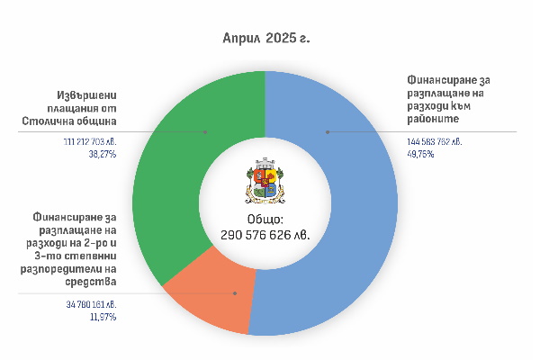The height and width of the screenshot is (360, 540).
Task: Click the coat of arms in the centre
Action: [265, 184]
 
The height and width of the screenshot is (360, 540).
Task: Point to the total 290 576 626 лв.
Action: [265, 234]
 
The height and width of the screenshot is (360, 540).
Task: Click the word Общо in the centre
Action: [265, 220]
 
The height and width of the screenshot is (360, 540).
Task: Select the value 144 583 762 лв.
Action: [435, 142]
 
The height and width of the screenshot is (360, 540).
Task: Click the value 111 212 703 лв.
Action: [90, 142]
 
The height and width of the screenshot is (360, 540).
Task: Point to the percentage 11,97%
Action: [102, 317]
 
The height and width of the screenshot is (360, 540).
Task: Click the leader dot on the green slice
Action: [205, 131]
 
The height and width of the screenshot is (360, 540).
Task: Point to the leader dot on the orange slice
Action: [235, 293]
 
